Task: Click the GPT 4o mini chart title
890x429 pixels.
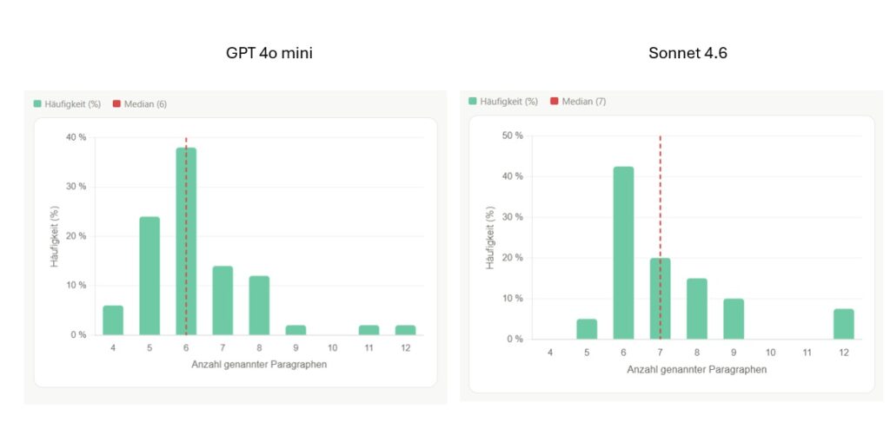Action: pyautogui.click(x=269, y=54)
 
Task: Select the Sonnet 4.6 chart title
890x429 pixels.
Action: pyautogui.click(x=687, y=54)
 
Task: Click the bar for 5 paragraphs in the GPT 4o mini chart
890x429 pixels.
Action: pyautogui.click(x=149, y=275)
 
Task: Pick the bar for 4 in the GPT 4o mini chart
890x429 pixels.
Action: pyautogui.click(x=113, y=320)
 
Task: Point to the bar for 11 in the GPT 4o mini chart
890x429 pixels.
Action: pyautogui.click(x=369, y=329)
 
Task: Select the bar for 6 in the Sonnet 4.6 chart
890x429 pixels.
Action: pyautogui.click(x=623, y=253)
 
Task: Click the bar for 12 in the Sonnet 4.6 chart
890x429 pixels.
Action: pyautogui.click(x=843, y=324)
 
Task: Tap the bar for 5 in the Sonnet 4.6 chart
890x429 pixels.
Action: pyautogui.click(x=587, y=329)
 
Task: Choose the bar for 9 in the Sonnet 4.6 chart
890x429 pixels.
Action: pyautogui.click(x=734, y=319)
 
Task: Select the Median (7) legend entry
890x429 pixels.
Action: pyautogui.click(x=578, y=102)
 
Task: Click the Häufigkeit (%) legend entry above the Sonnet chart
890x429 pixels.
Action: pyautogui.click(x=502, y=102)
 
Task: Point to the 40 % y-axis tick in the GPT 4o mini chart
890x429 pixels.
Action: pyautogui.click(x=76, y=137)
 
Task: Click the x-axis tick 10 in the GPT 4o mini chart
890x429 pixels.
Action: pyautogui.click(x=333, y=348)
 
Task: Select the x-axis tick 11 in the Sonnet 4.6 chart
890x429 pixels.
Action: pyautogui.click(x=807, y=353)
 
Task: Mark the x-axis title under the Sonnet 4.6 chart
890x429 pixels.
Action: pyautogui.click(x=696, y=369)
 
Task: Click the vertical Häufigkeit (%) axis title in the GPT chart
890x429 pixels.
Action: pyautogui.click(x=54, y=235)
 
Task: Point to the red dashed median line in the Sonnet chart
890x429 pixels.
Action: pyautogui.click(x=661, y=200)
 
